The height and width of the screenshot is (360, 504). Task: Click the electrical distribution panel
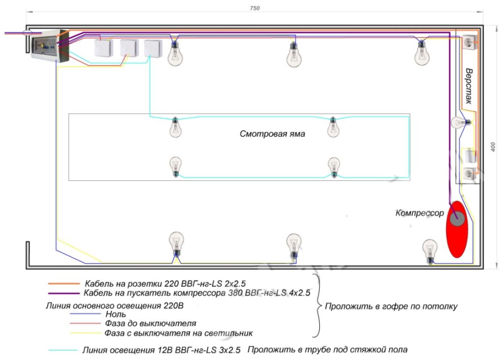click(48, 46)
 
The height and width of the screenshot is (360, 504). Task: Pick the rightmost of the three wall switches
click(154, 48)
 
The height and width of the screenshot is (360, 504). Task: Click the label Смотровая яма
click(272, 134)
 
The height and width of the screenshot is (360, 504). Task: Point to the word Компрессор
click(419, 213)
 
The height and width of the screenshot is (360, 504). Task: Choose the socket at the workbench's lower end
click(469, 174)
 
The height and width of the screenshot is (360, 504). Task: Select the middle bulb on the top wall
click(294, 54)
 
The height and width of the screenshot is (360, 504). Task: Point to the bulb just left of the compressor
click(430, 251)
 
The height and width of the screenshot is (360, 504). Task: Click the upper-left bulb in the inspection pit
click(175, 127)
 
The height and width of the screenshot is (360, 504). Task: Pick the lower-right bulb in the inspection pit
click(334, 167)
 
